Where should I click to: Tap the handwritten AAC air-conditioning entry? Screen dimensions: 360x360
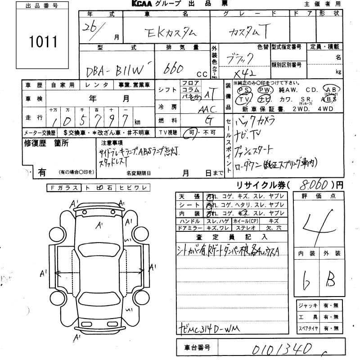click(207, 108)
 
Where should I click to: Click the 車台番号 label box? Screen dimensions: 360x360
click(198, 348)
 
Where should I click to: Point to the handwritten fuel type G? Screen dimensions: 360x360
click(208, 120)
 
